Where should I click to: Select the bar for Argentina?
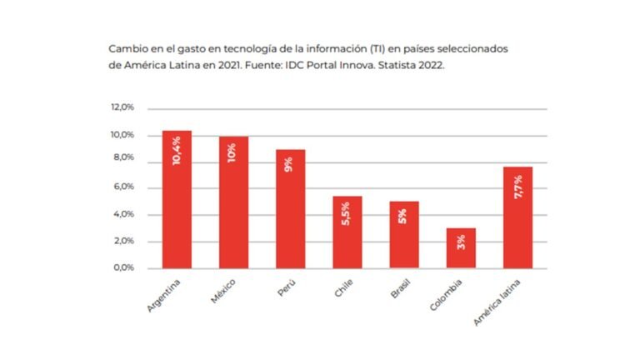(x=176, y=200)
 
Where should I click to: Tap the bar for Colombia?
(x=461, y=248)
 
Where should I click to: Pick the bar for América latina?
(x=517, y=217)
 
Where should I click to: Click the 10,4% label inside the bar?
(x=177, y=150)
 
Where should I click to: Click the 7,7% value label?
(x=518, y=187)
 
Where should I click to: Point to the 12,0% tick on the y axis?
(x=122, y=108)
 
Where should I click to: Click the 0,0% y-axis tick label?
(x=123, y=268)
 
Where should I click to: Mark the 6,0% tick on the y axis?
(x=123, y=187)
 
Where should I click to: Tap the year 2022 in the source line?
(x=427, y=64)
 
